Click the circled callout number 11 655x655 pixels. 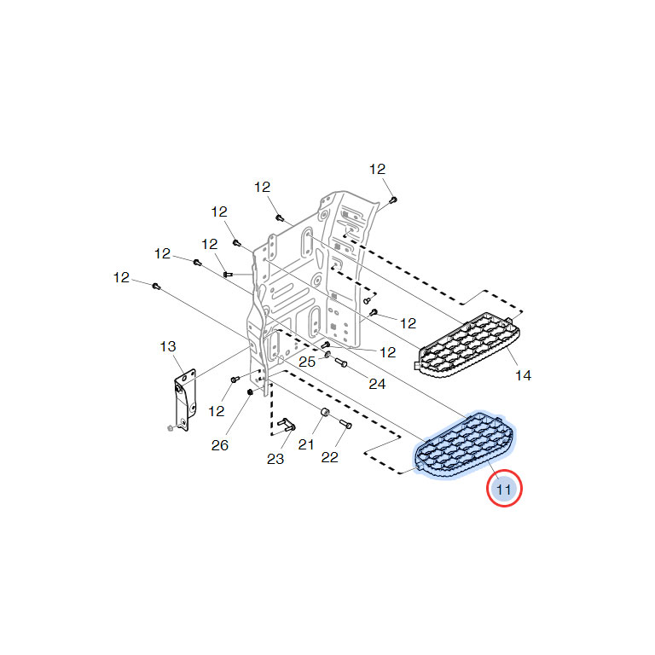[504, 490]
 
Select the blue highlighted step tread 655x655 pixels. [465, 445]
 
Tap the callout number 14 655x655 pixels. [523, 375]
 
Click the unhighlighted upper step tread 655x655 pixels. [468, 345]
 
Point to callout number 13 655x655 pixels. [168, 346]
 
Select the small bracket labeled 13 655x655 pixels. [184, 400]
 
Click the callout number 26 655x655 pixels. [220, 445]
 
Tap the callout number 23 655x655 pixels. [275, 459]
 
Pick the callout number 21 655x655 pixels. [306, 444]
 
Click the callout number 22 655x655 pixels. [329, 457]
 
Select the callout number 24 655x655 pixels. [377, 384]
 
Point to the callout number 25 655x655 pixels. [307, 362]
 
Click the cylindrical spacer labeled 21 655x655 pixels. [325, 413]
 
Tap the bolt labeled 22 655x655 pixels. [346, 424]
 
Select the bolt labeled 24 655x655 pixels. [341, 362]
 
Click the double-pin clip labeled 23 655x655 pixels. [287, 424]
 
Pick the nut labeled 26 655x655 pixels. [250, 391]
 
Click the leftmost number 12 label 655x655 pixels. [121, 277]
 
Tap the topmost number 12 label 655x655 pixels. [377, 169]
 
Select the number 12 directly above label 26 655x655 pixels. [217, 411]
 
